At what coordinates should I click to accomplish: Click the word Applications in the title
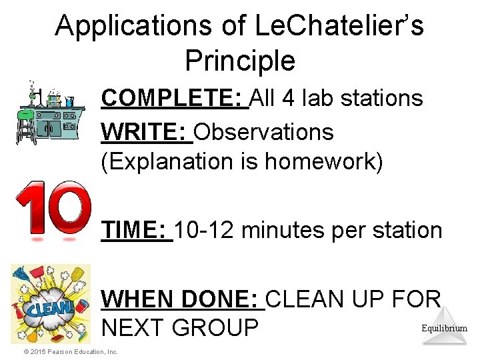(x=131, y=27)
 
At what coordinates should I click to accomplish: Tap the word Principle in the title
(x=240, y=61)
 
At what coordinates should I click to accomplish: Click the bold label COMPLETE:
(x=174, y=99)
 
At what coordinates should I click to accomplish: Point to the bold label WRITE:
(x=146, y=132)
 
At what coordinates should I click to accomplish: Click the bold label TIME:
(x=137, y=231)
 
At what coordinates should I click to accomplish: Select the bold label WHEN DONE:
(x=183, y=299)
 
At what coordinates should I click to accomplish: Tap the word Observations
(x=264, y=132)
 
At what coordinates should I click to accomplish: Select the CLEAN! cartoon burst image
(x=50, y=304)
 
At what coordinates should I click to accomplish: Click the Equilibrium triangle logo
(x=444, y=325)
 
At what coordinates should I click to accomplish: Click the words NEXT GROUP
(x=179, y=329)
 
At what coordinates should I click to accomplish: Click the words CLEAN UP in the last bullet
(x=337, y=299)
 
